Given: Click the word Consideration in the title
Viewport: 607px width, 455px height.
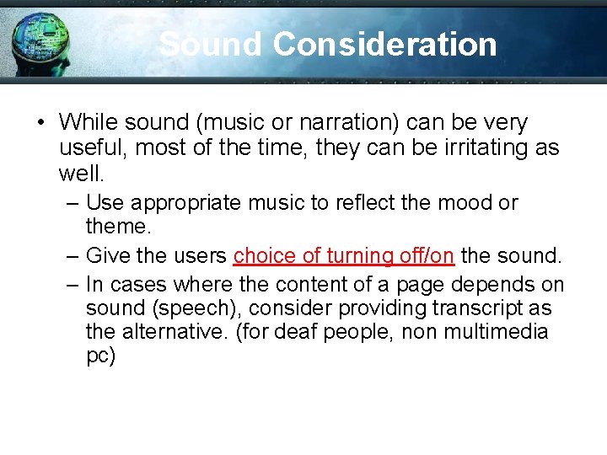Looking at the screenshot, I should pyautogui.click(x=385, y=44).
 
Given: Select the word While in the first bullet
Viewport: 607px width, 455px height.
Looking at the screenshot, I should pyautogui.click(x=89, y=123).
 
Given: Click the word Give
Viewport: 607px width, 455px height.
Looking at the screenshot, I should pyautogui.click(x=108, y=254).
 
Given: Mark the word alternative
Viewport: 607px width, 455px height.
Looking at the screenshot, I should pyautogui.click(x=175, y=332).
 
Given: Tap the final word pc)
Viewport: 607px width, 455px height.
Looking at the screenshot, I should pyautogui.click(x=100, y=356).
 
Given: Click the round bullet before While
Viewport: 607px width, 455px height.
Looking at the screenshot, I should pyautogui.click(x=40, y=124).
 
